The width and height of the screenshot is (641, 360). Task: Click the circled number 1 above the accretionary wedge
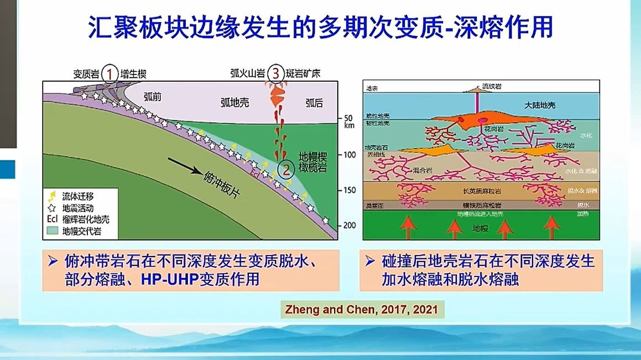pos(111,73)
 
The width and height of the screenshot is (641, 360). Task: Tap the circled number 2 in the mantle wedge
pos(285,170)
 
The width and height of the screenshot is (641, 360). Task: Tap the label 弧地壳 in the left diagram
pos(236,103)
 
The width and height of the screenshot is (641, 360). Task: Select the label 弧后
pos(314,103)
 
